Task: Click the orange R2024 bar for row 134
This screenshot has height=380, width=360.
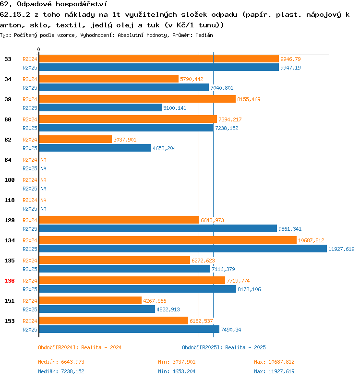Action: pos(168,240)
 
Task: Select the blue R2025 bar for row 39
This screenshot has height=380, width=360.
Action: pos(100,108)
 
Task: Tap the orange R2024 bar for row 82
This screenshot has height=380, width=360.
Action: pos(75,140)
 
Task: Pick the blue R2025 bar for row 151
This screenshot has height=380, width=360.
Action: pos(97,309)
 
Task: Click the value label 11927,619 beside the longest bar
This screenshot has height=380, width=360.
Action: pos(341,249)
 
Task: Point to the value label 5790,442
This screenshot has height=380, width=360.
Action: pos(192,79)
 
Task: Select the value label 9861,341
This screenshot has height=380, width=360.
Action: pos(290,229)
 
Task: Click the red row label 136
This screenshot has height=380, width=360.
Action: pos(9,281)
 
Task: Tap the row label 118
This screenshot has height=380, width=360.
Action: pos(9,200)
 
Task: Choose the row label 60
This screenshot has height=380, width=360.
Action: pos(8,119)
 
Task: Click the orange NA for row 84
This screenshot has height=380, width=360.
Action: pos(43,160)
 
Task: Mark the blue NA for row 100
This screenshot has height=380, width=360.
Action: pos(43,189)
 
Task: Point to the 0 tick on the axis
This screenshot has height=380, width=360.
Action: pos(39,50)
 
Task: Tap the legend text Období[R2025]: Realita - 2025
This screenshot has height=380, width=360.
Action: pos(224,347)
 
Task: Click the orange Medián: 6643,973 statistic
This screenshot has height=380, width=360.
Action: pos(61,362)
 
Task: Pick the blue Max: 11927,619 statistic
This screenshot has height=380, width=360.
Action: pos(274,371)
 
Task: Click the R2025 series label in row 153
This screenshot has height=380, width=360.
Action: pos(30,330)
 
